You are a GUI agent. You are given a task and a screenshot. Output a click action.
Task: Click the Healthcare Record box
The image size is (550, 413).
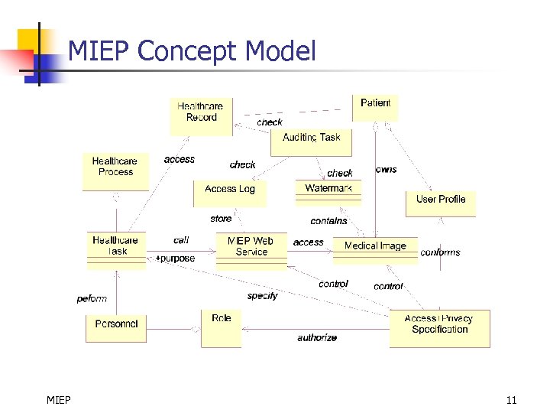coord(201,116)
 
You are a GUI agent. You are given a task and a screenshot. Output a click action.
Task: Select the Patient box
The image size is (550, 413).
coord(375,107)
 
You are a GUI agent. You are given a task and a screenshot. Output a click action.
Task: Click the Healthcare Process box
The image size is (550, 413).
coord(115,171)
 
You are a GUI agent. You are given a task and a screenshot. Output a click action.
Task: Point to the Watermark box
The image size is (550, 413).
coord(328,192)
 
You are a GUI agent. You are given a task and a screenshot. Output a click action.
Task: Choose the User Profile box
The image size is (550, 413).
coord(440,203)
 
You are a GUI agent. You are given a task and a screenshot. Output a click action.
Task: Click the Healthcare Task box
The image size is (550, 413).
coord(116,250)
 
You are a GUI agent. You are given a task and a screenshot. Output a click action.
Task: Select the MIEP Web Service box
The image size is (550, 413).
coord(251,250)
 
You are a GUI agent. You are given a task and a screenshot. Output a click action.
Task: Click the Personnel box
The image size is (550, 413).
coord(115,327)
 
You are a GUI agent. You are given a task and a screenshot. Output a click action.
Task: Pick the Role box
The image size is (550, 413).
coord(221,327)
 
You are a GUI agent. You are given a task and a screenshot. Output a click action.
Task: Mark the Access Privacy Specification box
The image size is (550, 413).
coord(439,328)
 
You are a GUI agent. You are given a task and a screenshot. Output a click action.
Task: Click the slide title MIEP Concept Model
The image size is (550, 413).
coord(192,51)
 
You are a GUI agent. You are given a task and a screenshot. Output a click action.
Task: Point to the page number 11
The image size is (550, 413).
coord(511,399)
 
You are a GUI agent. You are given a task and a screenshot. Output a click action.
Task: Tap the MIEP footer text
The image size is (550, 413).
coord(58,399)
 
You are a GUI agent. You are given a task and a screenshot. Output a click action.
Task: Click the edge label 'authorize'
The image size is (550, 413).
coord(317,337)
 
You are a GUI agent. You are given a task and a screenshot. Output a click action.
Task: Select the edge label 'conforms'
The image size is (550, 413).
coord(440,252)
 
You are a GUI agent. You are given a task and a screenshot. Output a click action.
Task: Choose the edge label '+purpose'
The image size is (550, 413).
coord(175,259)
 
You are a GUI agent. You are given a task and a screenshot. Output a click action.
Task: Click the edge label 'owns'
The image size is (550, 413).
coord(386,169)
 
